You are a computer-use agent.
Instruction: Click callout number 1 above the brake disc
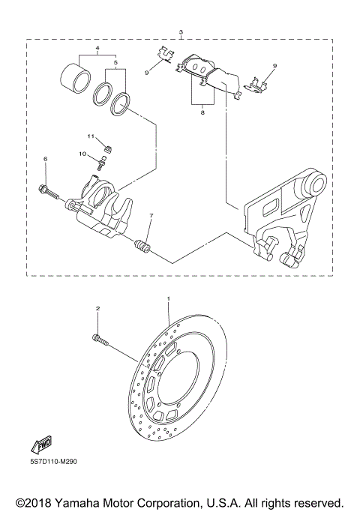pyautogui.click(x=169, y=299)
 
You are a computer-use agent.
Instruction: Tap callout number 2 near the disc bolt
pyautogui.click(x=97, y=308)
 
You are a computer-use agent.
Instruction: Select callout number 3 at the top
pyautogui.click(x=181, y=32)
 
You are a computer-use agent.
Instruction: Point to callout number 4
pyautogui.click(x=97, y=47)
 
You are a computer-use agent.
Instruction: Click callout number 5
pyautogui.click(x=115, y=64)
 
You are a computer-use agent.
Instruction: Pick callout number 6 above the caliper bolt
pyautogui.click(x=45, y=159)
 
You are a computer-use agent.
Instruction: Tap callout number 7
pyautogui.click(x=151, y=216)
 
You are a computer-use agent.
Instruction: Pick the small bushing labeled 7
pyautogui.click(x=140, y=245)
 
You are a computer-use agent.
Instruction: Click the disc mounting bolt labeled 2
pyautogui.click(x=100, y=340)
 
